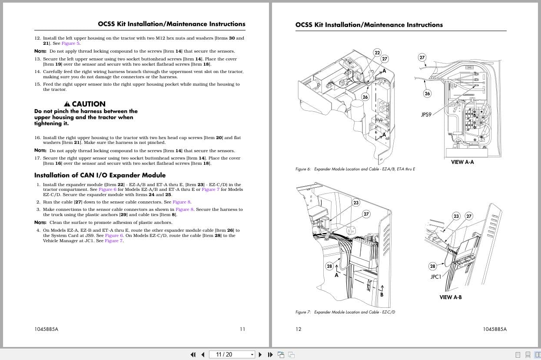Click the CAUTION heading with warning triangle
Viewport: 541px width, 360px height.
pos(85,104)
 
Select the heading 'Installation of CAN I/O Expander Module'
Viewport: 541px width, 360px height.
pos(100,175)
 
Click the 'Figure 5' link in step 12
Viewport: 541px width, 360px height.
pos(70,43)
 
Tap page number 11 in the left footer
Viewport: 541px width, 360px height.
pos(242,329)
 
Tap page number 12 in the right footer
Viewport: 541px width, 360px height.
pos(298,329)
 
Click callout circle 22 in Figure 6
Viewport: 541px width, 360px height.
pos(377,53)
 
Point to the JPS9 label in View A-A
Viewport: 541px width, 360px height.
pos(426,115)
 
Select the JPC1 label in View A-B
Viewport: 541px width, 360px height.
pos(435,277)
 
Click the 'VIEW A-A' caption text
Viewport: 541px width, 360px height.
pos(462,162)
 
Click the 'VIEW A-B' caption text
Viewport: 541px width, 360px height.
pos(451,297)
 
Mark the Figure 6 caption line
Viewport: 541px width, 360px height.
pos(355,169)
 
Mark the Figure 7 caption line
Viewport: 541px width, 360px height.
pos(345,312)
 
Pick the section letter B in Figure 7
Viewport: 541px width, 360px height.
pos(382,295)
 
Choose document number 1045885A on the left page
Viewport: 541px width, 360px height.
pos(46,329)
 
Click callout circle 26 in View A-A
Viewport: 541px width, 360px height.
pos(427,93)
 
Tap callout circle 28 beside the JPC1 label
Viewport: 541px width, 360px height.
pos(432,266)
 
